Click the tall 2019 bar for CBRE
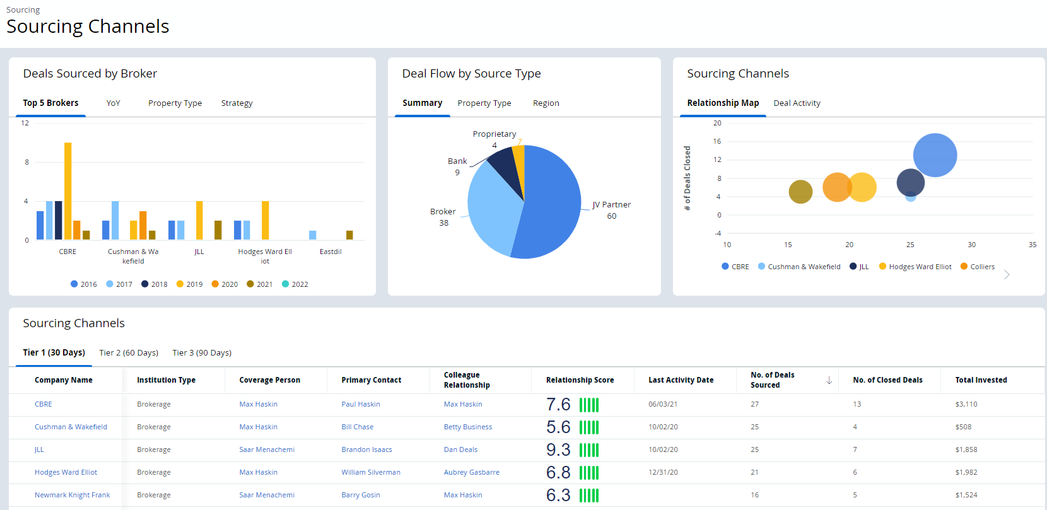(x=67, y=190)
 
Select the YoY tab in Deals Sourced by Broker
(x=113, y=103)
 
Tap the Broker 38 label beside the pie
(x=443, y=217)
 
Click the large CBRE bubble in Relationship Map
(x=935, y=155)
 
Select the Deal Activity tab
(x=797, y=103)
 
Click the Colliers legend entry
(x=978, y=267)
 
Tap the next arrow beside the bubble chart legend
(x=1007, y=275)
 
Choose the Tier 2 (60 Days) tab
(x=129, y=353)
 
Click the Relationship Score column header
(x=580, y=380)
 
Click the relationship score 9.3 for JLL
(x=558, y=449)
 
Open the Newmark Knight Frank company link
(x=72, y=495)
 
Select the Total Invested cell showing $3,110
(x=966, y=404)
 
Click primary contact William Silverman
(x=371, y=472)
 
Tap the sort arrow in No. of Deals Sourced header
(x=829, y=380)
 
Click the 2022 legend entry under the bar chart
(x=295, y=284)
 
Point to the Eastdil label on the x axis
(x=330, y=252)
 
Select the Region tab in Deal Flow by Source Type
(x=546, y=103)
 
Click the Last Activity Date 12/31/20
(x=663, y=472)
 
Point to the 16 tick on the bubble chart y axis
(x=717, y=141)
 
